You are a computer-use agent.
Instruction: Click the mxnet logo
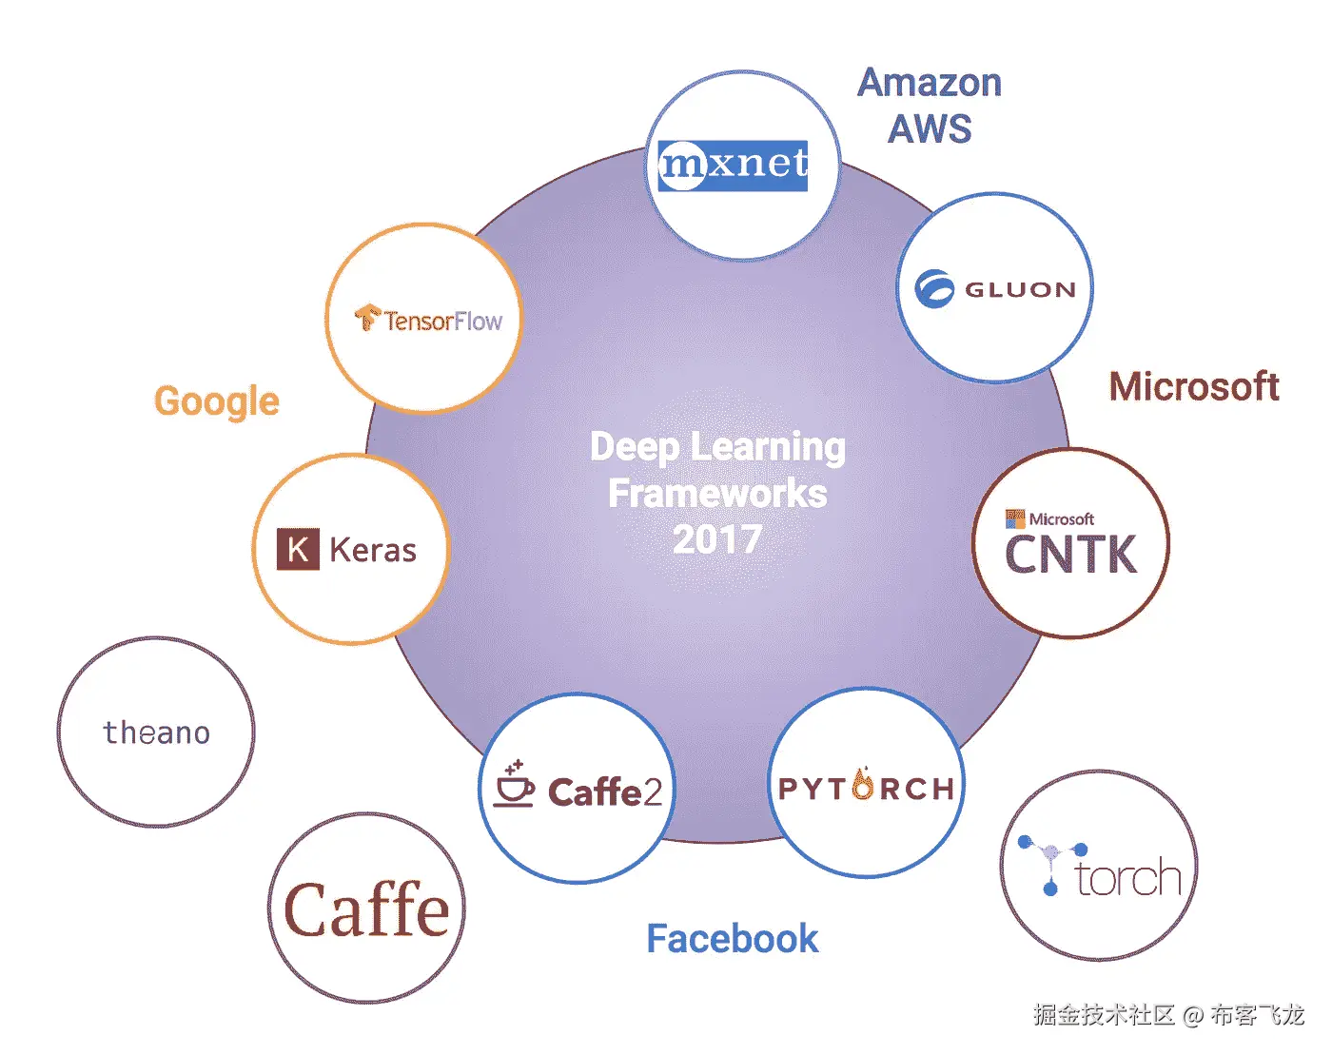[733, 165]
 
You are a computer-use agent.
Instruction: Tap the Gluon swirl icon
[933, 289]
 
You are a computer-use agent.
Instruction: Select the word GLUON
[1020, 290]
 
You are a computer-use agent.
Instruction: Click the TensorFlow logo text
[442, 322]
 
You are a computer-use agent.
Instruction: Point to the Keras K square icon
[297, 550]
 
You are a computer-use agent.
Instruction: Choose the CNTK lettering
[1070, 556]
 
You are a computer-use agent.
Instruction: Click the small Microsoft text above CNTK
[1061, 519]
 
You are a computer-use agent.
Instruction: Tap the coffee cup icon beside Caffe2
[514, 786]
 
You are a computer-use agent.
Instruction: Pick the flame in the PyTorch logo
[864, 784]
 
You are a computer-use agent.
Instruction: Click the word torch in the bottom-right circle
[1128, 878]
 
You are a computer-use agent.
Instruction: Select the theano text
[156, 733]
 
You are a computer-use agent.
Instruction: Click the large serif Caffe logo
[366, 910]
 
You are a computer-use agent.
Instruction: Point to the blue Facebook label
[732, 939]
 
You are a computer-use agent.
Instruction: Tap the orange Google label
[217, 401]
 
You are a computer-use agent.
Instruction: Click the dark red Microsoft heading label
[1194, 387]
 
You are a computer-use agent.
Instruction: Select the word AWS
[930, 128]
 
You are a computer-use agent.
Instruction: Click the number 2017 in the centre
[717, 540]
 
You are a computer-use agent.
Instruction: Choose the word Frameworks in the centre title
[717, 494]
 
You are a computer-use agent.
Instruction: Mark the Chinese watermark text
[1168, 1015]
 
